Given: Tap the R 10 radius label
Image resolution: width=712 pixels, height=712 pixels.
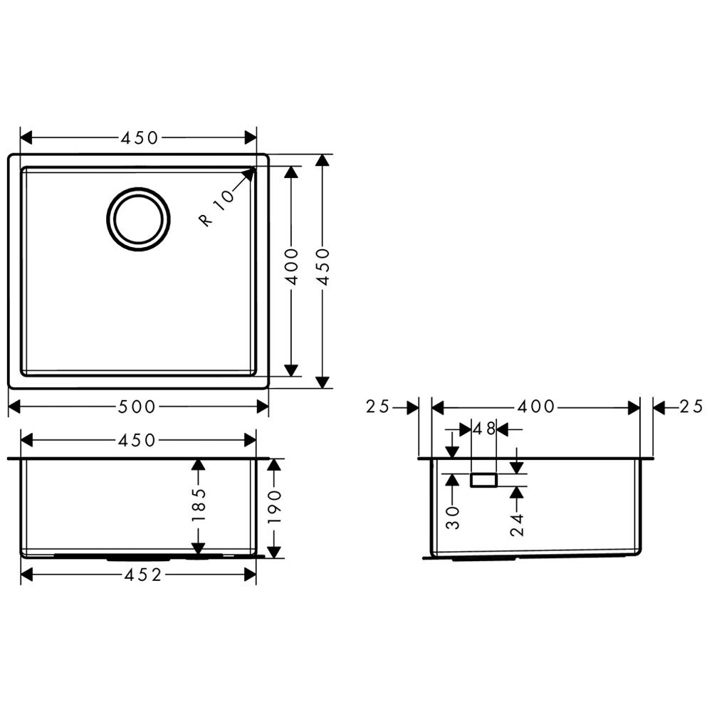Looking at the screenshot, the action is [217, 207].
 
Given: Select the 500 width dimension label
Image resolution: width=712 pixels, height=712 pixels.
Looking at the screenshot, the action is [137, 407].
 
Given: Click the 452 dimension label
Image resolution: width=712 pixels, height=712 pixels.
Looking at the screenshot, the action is [142, 575].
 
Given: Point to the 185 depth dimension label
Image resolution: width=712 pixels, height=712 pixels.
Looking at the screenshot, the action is [199, 505].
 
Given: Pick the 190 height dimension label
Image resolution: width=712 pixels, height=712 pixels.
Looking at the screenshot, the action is [274, 507].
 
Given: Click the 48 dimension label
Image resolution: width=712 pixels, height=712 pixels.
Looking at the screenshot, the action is [484, 428].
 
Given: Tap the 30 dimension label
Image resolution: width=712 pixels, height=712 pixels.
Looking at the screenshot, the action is [453, 518].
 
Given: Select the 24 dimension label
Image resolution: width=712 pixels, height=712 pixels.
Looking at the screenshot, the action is [517, 525].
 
